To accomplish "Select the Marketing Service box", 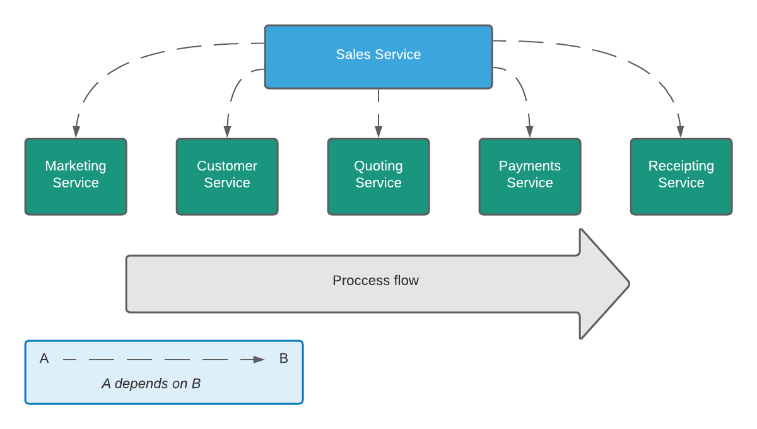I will tap(76, 177).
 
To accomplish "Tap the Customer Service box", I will tap(227, 177).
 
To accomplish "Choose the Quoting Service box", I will tap(378, 177).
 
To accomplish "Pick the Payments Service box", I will tap(530, 177).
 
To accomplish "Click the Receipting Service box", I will tap(681, 177).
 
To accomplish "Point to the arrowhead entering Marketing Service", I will tap(76, 131).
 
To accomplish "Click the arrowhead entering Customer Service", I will tap(227, 131).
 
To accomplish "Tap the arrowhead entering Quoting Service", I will tap(378, 131).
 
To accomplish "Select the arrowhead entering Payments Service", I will tap(530, 131).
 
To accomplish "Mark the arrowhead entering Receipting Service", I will tap(681, 131).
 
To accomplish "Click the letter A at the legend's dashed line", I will tap(44, 359).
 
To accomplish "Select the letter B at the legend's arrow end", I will tap(284, 359).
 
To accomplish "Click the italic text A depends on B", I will tap(151, 384).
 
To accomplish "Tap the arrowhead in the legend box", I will tap(259, 360).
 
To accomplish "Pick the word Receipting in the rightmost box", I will tap(681, 167).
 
